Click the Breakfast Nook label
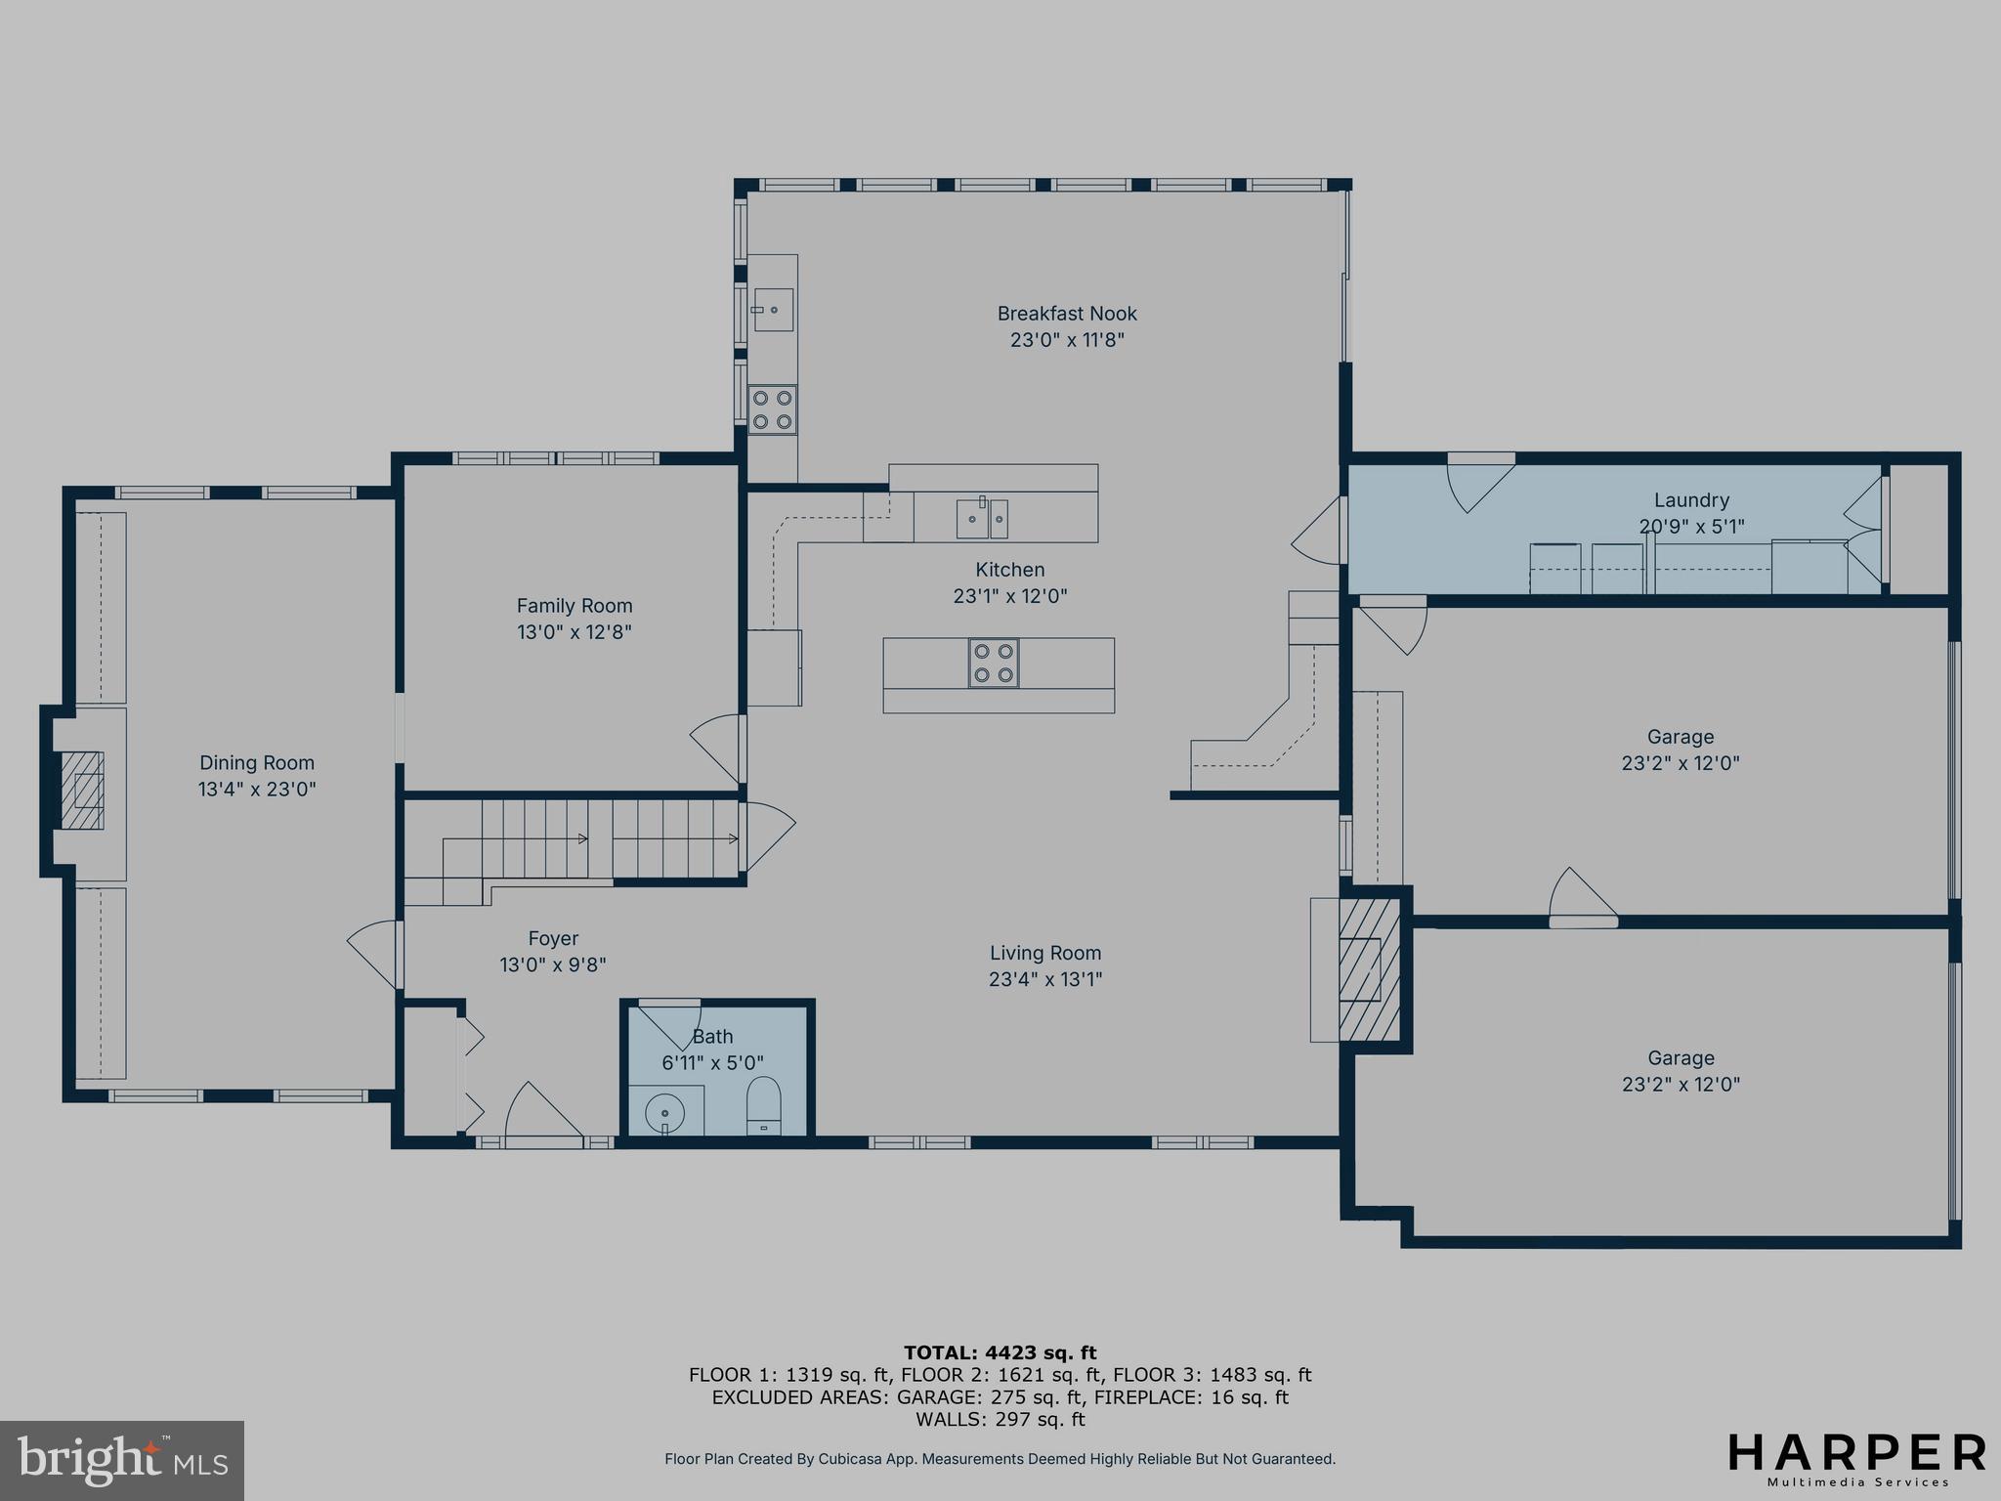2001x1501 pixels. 1067,314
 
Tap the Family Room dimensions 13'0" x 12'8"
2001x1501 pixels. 575,632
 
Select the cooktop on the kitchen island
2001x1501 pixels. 994,664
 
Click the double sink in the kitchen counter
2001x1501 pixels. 982,518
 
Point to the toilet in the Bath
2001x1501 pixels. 764,1105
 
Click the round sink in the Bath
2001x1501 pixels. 665,1112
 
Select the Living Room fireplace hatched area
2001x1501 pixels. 1369,969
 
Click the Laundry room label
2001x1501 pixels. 1691,500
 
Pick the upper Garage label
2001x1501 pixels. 1681,737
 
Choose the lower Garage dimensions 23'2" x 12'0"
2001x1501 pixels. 1681,1084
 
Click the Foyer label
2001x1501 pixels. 553,939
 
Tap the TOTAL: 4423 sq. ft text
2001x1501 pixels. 1000,1353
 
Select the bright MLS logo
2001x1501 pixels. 122,1461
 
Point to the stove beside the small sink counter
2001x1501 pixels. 772,409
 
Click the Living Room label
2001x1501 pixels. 1045,953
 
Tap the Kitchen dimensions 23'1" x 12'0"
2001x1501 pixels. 1010,596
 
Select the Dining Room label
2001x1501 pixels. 257,763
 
